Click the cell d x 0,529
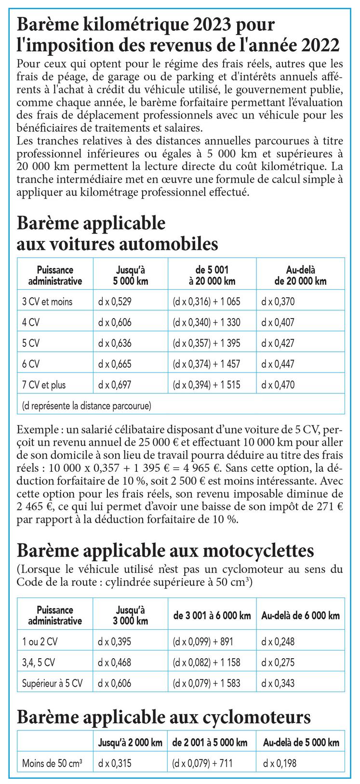(x=115, y=302)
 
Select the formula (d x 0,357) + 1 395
(x=206, y=344)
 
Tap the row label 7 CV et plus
(x=44, y=385)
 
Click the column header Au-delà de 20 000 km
(x=300, y=276)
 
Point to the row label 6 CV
(x=31, y=364)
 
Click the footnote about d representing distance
(x=87, y=406)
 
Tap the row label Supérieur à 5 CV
(x=52, y=683)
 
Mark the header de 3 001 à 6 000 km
(x=212, y=615)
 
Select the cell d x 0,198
(x=280, y=763)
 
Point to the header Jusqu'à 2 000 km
(x=130, y=743)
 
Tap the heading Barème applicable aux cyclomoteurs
(x=163, y=718)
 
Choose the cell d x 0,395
(x=115, y=642)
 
